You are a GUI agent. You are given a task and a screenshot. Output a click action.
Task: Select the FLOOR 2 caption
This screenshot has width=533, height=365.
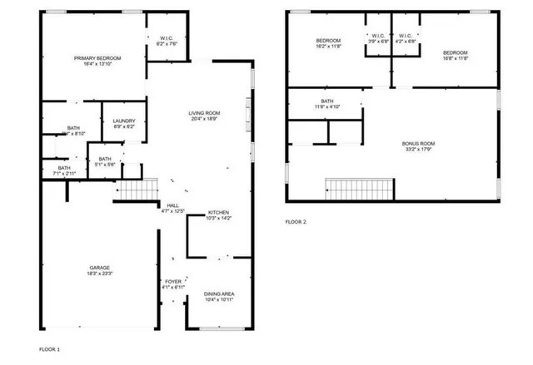296,222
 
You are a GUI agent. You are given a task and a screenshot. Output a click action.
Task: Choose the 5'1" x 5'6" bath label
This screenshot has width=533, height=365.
105,160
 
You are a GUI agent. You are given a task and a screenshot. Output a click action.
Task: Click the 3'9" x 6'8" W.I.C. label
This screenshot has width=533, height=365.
378,39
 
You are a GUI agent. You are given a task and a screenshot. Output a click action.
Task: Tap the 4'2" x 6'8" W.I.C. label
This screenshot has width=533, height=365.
406,39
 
